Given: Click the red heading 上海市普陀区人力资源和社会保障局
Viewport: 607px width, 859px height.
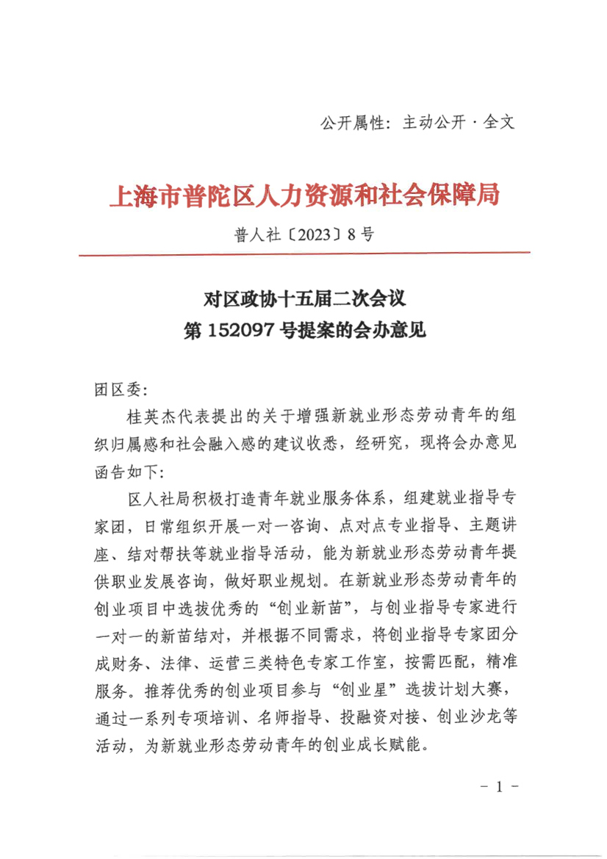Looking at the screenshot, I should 303,196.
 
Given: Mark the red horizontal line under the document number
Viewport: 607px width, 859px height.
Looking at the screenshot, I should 303,254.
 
